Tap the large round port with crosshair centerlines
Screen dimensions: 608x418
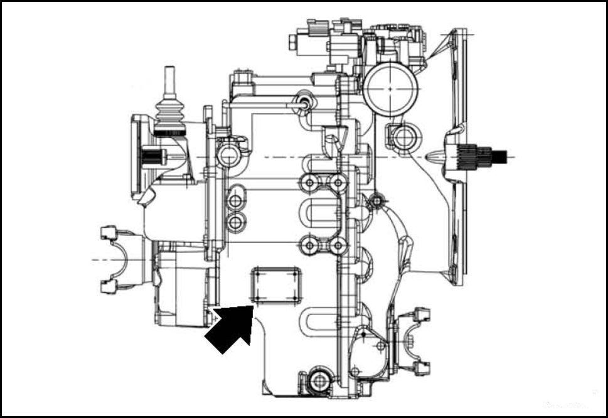[390, 88]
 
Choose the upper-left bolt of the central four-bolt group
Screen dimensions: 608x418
[309, 183]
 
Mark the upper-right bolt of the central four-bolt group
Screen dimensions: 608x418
[338, 183]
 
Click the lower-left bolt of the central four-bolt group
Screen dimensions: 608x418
[309, 245]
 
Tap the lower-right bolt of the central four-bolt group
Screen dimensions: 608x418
[338, 245]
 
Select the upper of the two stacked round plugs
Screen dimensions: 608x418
[235, 201]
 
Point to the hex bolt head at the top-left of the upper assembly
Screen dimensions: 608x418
[293, 43]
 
